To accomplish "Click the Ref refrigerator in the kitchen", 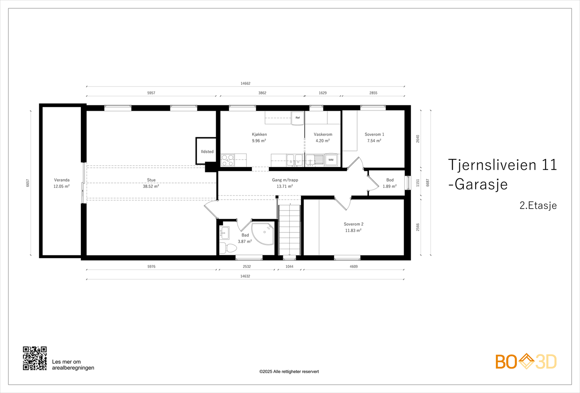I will click(298, 118).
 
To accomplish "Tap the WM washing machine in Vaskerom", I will click(331, 160).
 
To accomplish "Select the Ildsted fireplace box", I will click(207, 151).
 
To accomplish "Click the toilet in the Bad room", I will click(228, 248).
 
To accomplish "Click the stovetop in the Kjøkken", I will click(228, 160).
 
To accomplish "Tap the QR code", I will click(35, 358).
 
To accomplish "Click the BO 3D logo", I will click(526, 361).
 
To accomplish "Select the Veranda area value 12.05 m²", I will click(62, 186).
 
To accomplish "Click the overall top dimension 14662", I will click(245, 83).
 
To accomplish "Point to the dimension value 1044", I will click(289, 267).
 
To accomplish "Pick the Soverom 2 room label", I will click(353, 224).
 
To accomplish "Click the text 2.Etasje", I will click(538, 205).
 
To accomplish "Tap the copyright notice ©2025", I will click(289, 372).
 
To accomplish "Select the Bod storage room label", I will click(390, 180).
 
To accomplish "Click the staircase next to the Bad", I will click(290, 230).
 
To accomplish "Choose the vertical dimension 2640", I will click(418, 139).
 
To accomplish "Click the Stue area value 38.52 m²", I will click(151, 186).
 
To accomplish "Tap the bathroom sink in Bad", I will click(224, 233).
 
